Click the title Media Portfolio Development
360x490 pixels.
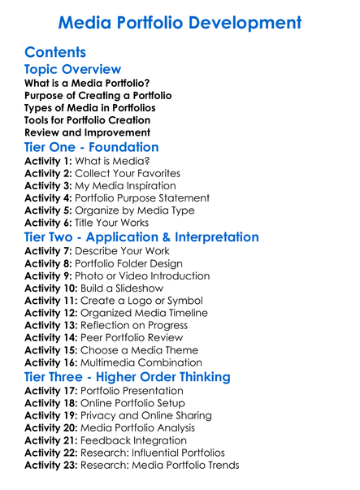(180, 22)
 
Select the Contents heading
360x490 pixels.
(56, 53)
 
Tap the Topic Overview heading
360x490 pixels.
(73, 70)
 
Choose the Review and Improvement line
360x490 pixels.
(87, 132)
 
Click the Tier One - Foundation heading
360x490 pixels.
(92, 148)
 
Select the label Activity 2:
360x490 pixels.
(49, 173)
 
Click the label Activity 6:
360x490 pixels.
(49, 222)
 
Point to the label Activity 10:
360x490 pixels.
(52, 288)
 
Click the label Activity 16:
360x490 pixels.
(52, 362)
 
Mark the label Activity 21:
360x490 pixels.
(52, 440)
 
